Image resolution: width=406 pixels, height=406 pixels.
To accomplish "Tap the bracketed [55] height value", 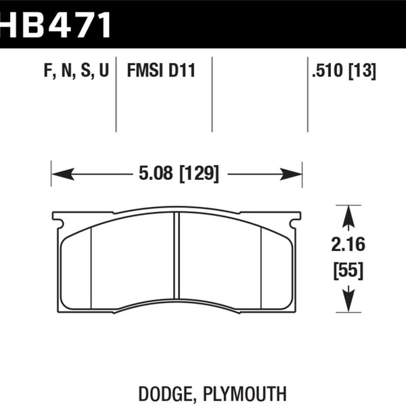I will [348, 271].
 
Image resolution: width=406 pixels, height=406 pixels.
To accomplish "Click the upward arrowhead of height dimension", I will [348, 217].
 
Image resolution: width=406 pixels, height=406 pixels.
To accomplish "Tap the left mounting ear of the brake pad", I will [59, 220].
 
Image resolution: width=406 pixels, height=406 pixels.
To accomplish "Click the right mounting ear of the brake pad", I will [294, 220].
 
